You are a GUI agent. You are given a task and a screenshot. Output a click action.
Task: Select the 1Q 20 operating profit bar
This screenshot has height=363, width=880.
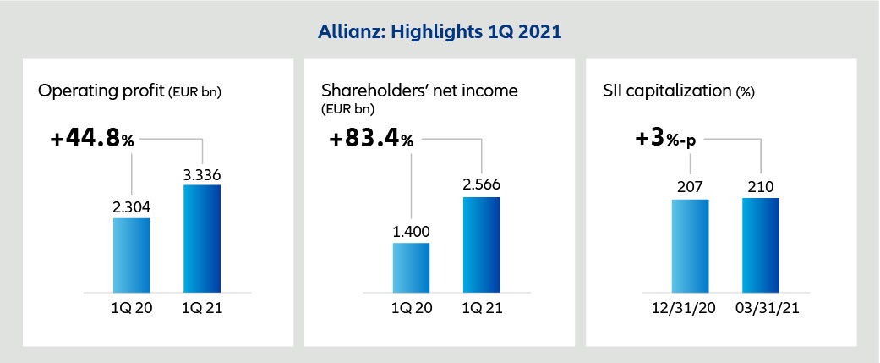pos(131,254)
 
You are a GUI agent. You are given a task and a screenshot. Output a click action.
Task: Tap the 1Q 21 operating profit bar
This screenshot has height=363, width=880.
pos(201,238)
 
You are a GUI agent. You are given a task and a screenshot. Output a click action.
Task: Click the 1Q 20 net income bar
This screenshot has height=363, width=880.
pos(411,267)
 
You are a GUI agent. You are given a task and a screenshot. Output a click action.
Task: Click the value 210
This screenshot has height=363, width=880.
pos(761,188)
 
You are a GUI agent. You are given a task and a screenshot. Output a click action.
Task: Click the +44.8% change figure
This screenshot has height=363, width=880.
pos(86,140)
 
